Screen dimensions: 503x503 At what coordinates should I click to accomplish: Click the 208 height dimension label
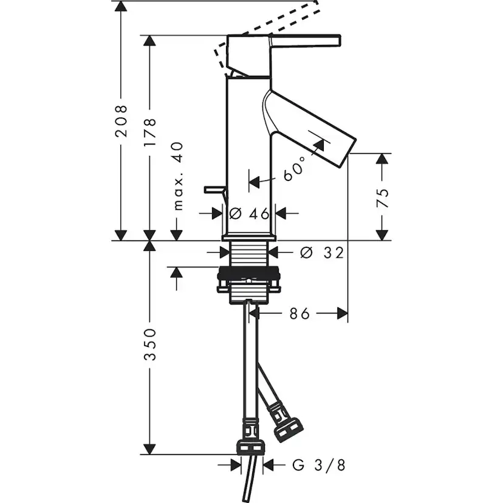point(121,121)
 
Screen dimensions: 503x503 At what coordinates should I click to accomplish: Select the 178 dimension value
point(149,132)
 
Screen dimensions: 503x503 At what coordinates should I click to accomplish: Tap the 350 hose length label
point(149,344)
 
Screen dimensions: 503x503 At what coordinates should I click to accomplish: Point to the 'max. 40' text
point(178,176)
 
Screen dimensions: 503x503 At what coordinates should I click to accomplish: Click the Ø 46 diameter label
point(250,213)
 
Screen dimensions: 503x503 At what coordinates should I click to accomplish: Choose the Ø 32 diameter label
point(322,253)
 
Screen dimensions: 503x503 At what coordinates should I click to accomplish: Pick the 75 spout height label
point(382,198)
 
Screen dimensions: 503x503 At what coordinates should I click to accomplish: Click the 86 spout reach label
point(299,313)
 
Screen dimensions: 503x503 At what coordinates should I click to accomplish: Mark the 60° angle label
point(295,169)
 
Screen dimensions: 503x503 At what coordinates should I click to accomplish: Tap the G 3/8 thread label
point(319,465)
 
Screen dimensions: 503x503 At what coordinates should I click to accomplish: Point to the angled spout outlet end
point(347,153)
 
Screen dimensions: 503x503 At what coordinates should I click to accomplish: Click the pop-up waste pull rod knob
point(214,190)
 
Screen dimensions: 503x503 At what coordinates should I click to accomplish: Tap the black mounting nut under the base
point(248,273)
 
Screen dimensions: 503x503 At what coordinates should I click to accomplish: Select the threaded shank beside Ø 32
point(248,254)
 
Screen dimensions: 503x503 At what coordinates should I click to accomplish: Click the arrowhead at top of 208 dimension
point(121,7)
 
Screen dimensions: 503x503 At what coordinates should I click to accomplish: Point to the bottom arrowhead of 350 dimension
point(149,449)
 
